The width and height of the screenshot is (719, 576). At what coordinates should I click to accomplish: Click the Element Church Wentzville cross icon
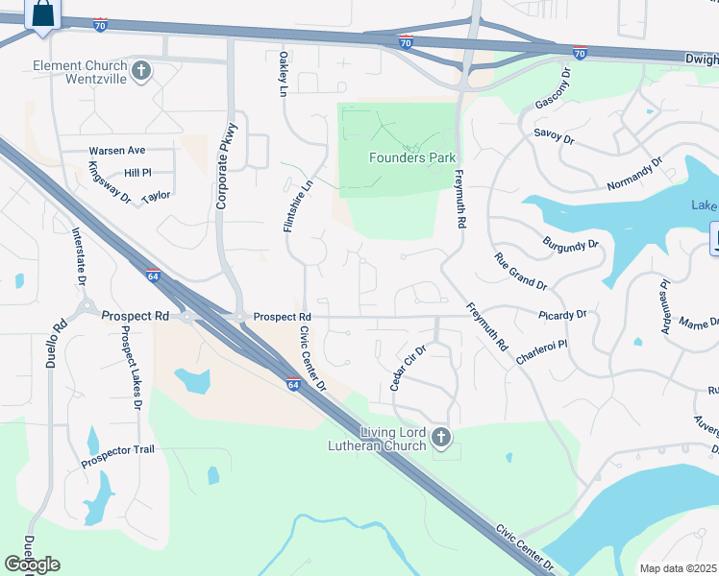tap(141, 70)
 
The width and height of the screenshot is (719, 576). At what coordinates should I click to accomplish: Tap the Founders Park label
tap(412, 157)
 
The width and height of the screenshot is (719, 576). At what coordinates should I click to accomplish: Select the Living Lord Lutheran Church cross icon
tap(441, 438)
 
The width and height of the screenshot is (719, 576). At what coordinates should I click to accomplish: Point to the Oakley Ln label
tap(283, 74)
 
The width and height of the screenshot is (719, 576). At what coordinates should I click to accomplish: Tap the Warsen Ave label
tap(116, 151)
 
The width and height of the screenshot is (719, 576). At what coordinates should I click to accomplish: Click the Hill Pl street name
tap(137, 173)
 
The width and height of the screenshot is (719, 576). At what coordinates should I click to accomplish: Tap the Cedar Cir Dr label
tap(408, 369)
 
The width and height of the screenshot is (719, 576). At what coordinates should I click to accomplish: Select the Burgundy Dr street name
tap(570, 244)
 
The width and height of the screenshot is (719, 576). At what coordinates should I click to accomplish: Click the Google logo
tap(32, 564)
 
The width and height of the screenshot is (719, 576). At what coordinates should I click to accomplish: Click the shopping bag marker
tap(42, 14)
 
